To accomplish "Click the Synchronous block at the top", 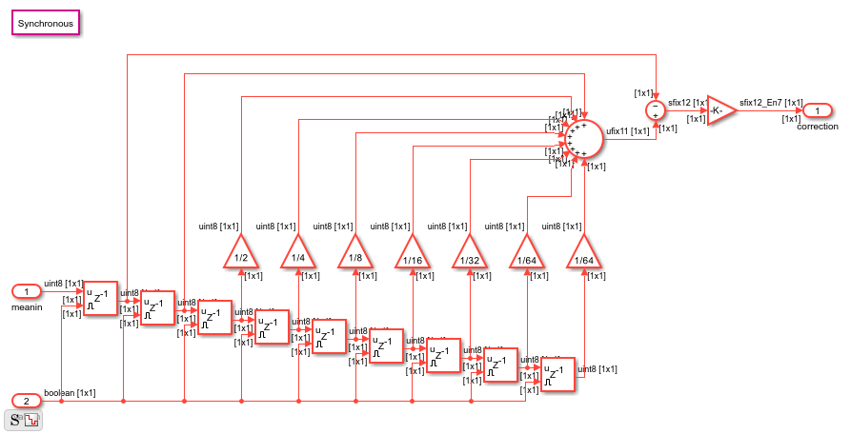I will coord(46,23).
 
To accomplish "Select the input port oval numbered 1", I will coord(28,290).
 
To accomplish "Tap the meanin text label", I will coord(27,307).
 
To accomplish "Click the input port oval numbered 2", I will coord(27,400).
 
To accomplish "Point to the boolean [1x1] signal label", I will coord(70,392).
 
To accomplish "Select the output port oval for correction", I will coord(817,111).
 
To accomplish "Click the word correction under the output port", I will coord(818,127).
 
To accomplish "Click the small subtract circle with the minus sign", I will coord(656,110).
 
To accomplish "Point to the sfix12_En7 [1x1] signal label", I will coord(771,101).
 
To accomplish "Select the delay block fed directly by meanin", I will coord(100,299).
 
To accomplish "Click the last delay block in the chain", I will coord(557,374).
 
